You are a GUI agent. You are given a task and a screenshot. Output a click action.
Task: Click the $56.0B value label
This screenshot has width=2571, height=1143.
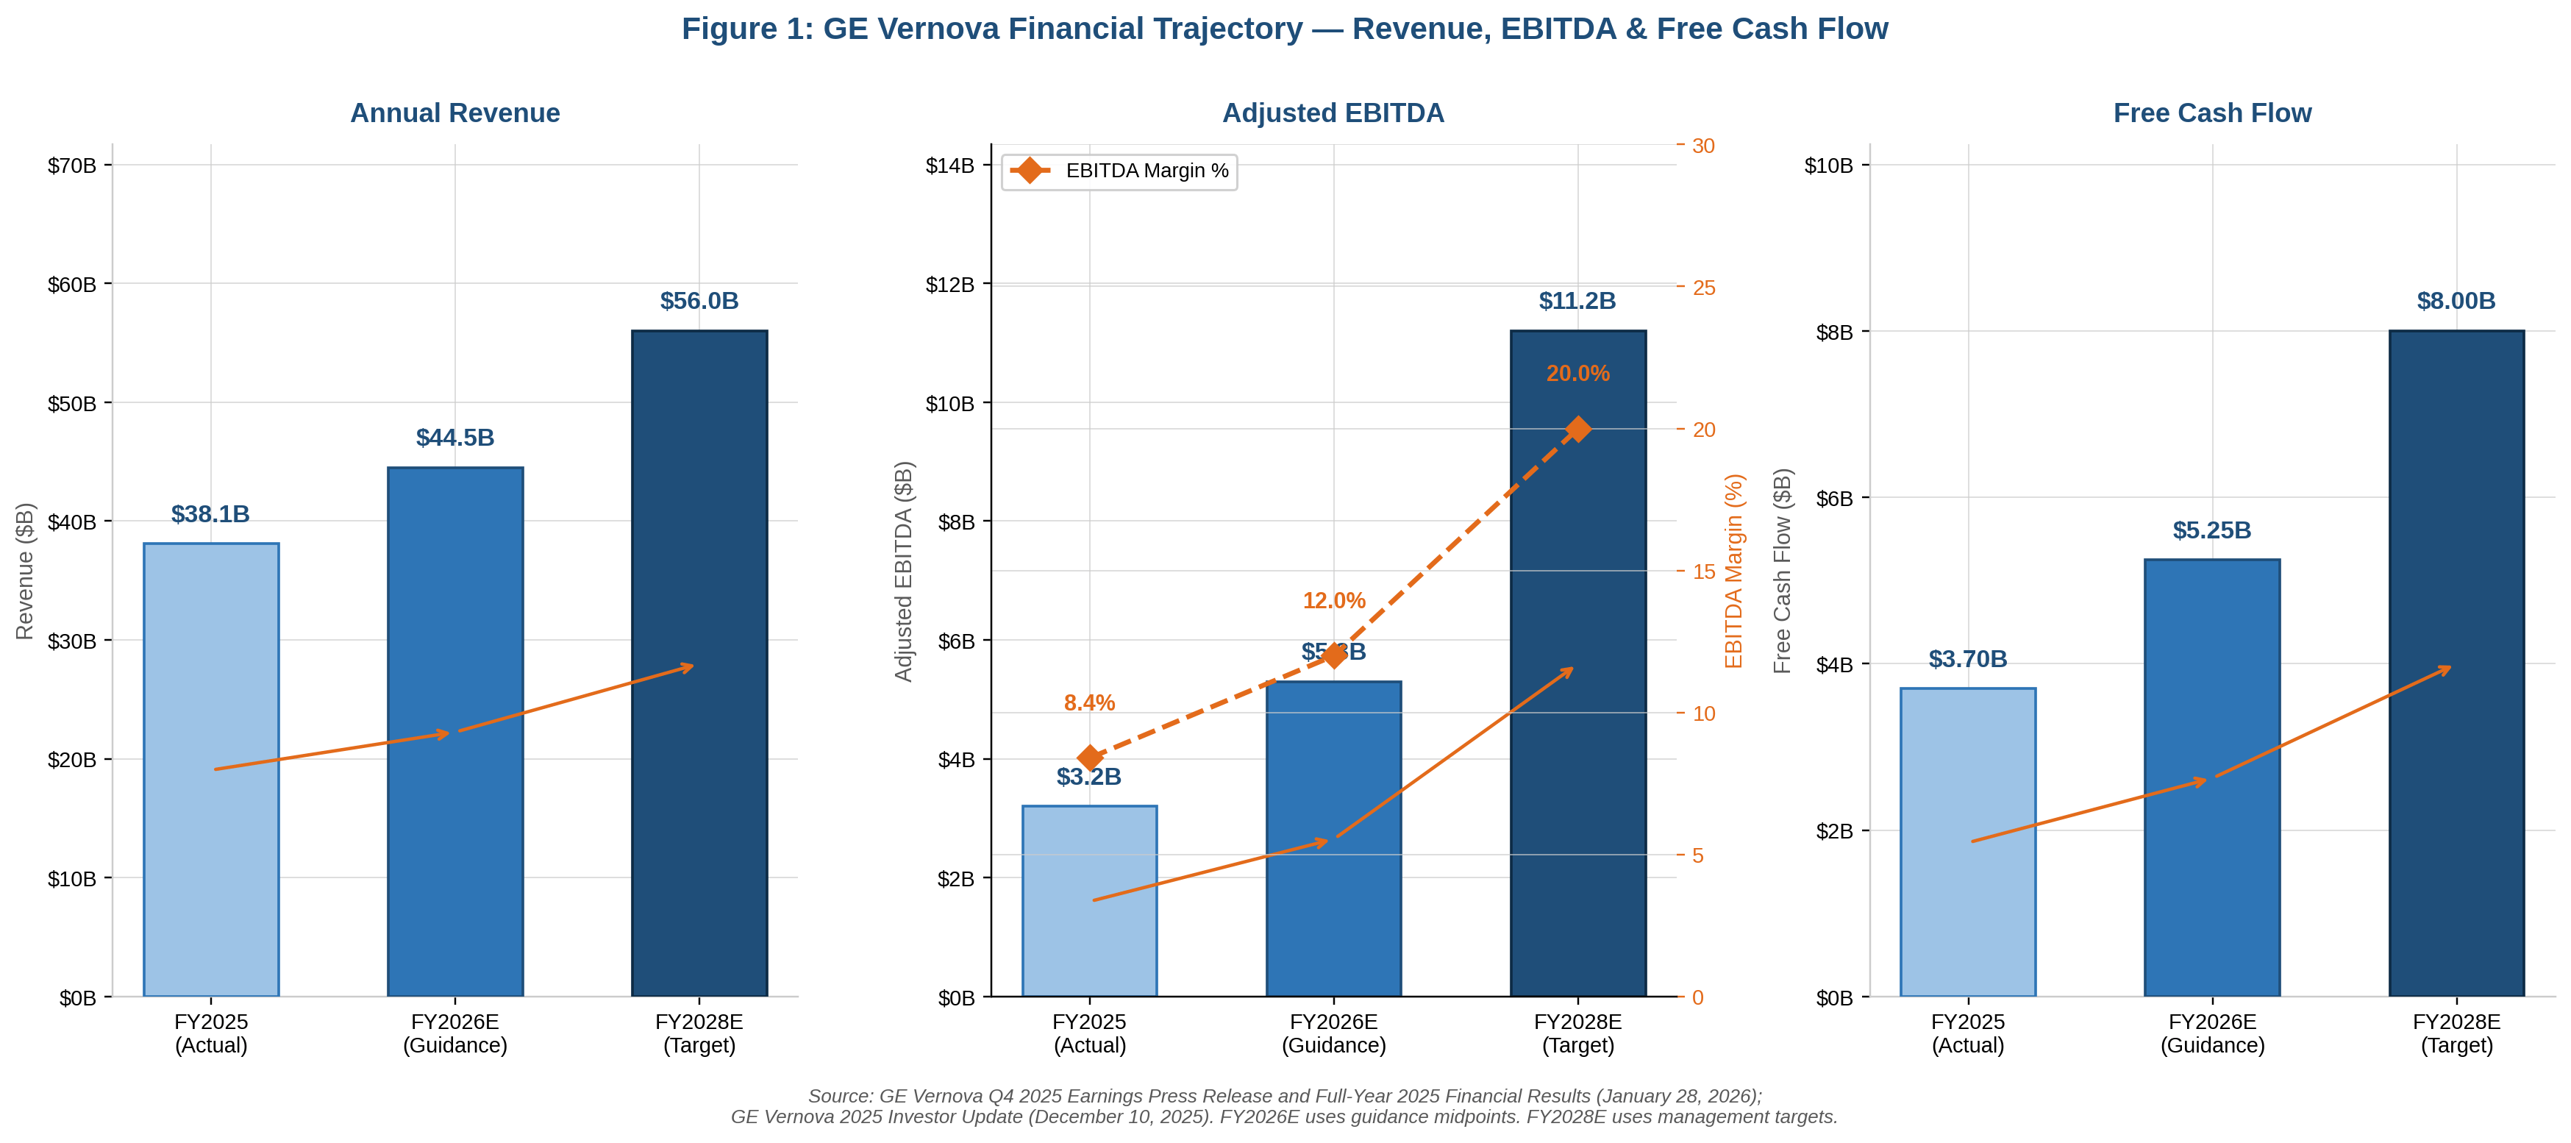pos(699,301)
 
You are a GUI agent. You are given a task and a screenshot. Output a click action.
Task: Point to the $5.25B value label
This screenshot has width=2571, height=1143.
pos(2211,530)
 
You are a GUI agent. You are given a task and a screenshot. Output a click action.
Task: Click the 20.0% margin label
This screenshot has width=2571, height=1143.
pos(1577,374)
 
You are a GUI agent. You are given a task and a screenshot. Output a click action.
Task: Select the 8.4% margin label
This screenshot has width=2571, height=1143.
pos(1089,702)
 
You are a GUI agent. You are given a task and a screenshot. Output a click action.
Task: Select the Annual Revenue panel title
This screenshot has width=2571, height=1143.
pos(454,113)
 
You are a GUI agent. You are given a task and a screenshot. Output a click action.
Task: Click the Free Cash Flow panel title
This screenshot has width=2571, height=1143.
pos(2211,113)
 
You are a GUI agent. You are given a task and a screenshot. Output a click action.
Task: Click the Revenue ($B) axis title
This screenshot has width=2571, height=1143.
pos(25,571)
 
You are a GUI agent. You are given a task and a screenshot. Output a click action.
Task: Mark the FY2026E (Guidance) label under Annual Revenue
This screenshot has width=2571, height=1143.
pos(454,1033)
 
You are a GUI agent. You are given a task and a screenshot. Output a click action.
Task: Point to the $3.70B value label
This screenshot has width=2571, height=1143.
pos(1967,659)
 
